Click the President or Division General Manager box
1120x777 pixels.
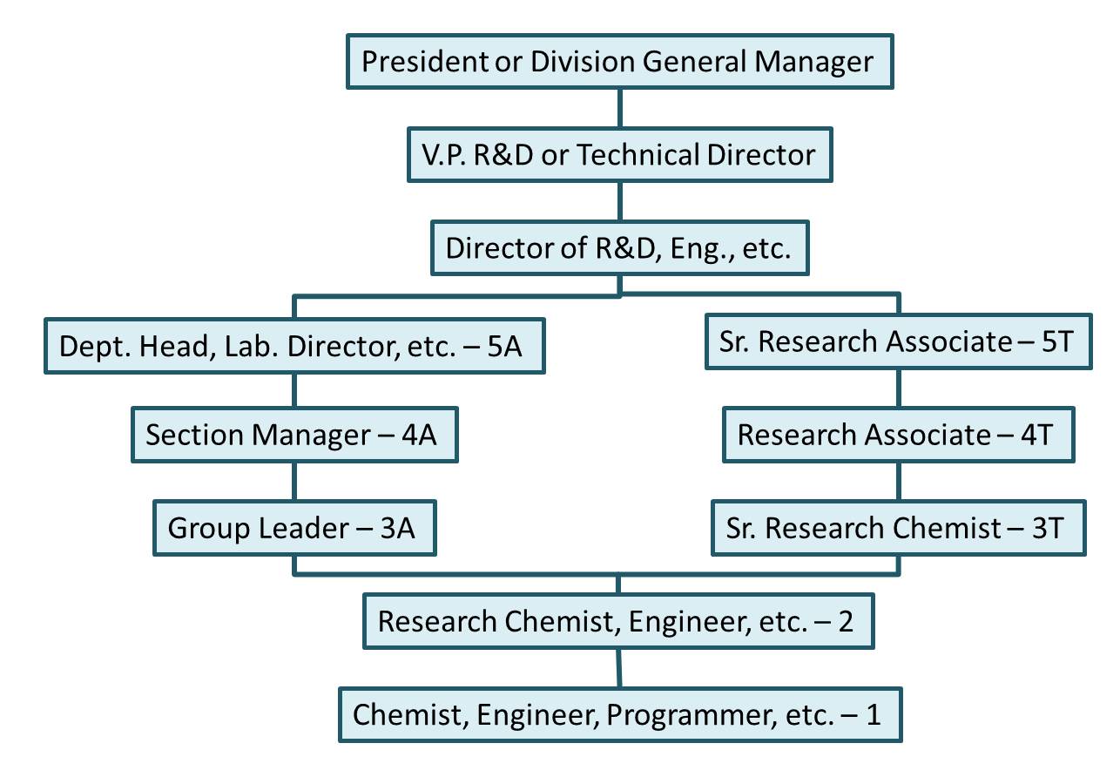tap(619, 62)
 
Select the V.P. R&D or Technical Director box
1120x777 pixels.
tap(619, 155)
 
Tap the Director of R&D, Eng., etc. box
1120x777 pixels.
tap(619, 248)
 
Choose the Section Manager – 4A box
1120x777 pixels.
tap(294, 435)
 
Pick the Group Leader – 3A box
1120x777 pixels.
tap(294, 528)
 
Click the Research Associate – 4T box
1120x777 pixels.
tap(898, 435)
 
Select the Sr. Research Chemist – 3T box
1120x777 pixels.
tap(898, 528)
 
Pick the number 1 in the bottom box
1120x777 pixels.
tap(874, 715)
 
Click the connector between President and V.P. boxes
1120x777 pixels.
tap(619, 108)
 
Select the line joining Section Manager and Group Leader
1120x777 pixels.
tap(294, 481)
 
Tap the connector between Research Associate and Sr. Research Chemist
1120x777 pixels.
tap(898, 481)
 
